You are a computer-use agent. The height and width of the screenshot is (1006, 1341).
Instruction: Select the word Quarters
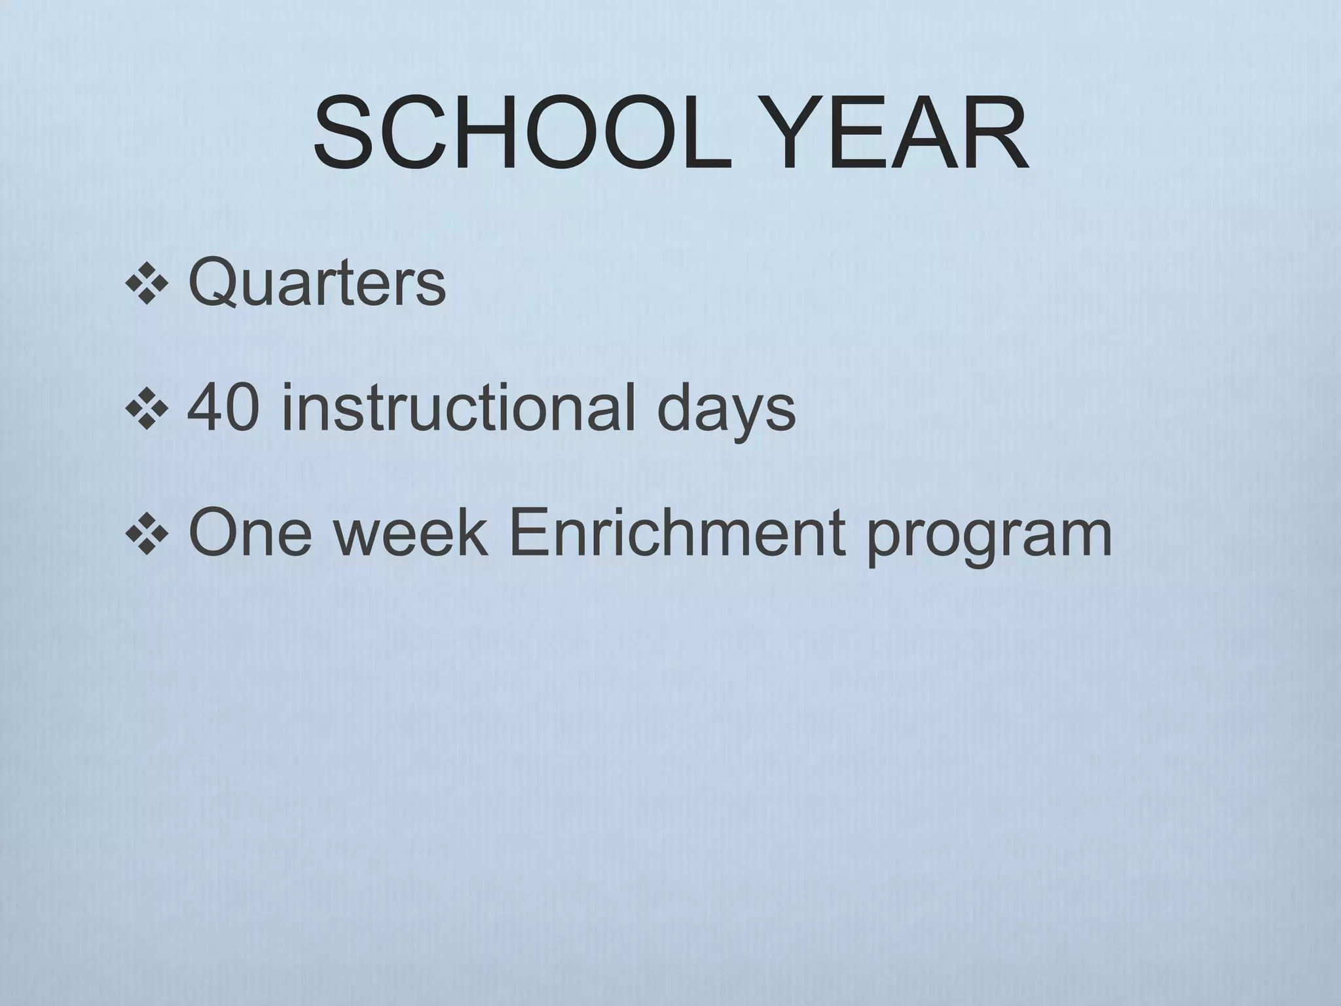[x=317, y=283]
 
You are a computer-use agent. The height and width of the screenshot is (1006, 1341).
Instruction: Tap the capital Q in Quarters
[x=211, y=283]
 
